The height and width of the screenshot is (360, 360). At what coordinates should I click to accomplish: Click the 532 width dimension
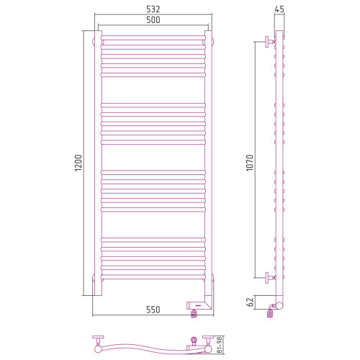153,9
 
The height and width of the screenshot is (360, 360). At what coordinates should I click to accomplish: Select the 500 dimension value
153,20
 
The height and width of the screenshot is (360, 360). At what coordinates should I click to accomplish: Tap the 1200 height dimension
78,163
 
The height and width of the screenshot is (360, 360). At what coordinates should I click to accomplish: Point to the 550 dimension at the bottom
153,310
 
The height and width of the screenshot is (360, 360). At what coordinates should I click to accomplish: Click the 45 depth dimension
279,9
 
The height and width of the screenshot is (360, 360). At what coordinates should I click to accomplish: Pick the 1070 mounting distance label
250,163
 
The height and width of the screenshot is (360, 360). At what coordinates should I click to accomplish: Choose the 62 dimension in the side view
250,302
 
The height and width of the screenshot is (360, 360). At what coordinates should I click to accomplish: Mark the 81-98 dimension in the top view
220,344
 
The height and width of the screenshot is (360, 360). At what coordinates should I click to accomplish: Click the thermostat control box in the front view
196,305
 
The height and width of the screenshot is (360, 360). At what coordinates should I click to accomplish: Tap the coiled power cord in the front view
194,313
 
